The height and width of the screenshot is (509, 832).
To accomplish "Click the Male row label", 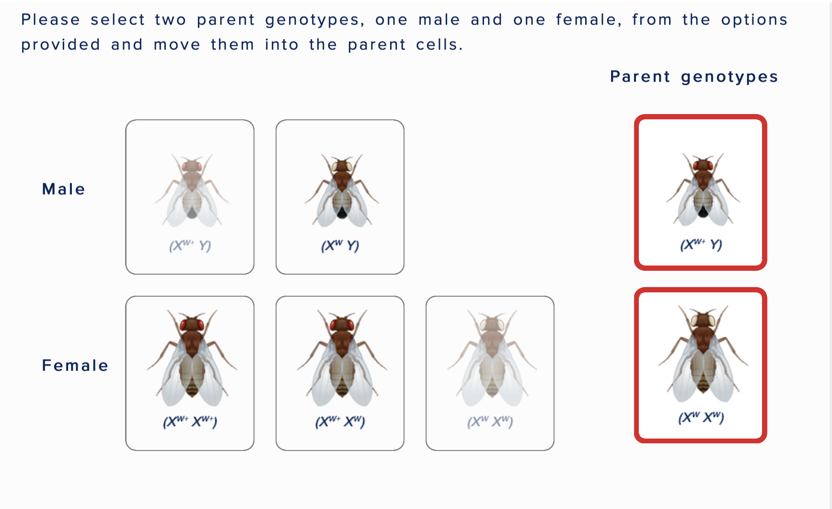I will [x=63, y=189].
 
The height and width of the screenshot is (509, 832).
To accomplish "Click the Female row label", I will [x=75, y=366].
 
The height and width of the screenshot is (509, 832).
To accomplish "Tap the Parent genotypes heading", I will [x=693, y=77].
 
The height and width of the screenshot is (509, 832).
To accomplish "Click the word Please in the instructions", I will [x=50, y=20].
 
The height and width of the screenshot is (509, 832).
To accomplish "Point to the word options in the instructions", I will [x=754, y=20].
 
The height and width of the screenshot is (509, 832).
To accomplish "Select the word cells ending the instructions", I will [x=439, y=45].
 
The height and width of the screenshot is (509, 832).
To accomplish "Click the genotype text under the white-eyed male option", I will [x=340, y=246].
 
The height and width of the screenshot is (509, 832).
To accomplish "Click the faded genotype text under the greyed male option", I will [x=190, y=246].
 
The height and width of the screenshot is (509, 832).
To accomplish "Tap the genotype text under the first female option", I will [x=190, y=422].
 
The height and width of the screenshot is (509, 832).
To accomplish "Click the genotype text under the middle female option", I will [x=340, y=422].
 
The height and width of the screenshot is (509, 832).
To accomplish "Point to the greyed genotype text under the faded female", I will [x=490, y=422].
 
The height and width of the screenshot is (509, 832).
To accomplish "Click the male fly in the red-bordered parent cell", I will [x=702, y=190].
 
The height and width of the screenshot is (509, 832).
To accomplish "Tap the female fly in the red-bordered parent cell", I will [x=702, y=355].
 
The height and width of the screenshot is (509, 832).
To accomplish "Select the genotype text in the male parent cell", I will [x=701, y=245].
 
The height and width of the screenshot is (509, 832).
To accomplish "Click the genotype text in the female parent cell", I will [x=701, y=417].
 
